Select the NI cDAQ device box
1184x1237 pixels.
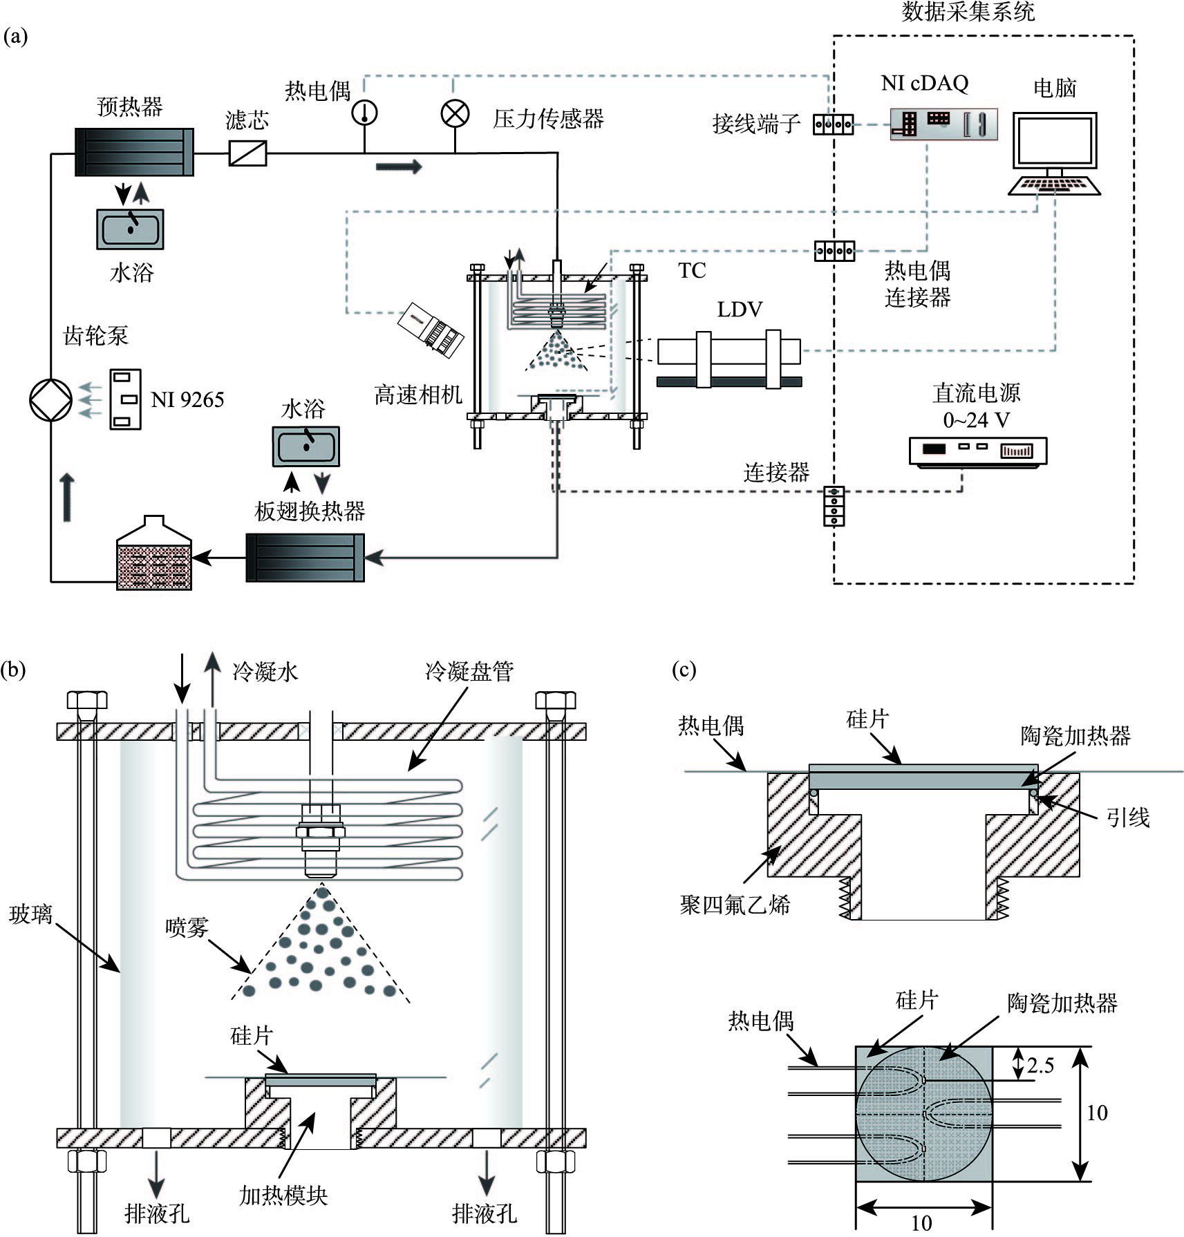tap(943, 124)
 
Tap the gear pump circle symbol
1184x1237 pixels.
tap(51, 400)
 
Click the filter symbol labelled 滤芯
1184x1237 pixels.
tap(247, 153)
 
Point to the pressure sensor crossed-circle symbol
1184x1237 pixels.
tap(455, 114)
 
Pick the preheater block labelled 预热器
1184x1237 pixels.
tap(134, 152)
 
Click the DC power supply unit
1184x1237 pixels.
tap(977, 451)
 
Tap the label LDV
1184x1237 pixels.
tap(739, 310)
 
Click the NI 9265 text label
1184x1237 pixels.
tap(187, 400)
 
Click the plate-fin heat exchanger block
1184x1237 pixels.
tap(305, 558)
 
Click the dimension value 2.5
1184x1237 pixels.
tap(1040, 1065)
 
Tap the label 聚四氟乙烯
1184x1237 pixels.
tap(735, 905)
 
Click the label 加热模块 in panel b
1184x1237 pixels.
tap(283, 1195)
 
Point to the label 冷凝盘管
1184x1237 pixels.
tap(469, 671)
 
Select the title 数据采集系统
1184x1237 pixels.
tap(968, 12)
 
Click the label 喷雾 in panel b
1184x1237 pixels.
tap(187, 927)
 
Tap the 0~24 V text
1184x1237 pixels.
tap(976, 420)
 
